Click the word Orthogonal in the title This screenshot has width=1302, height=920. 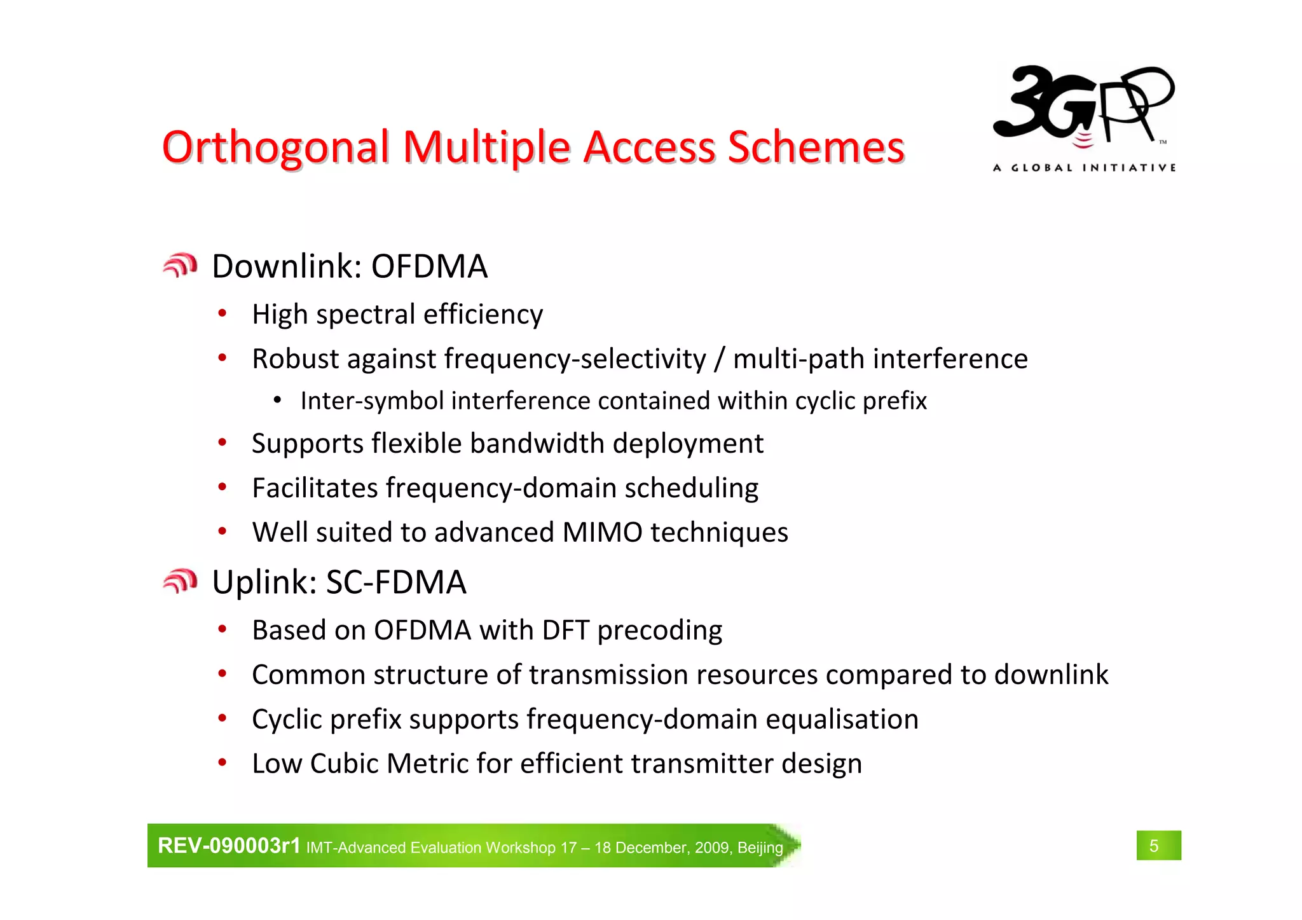pyautogui.click(x=275, y=148)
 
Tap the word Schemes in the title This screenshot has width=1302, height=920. pyautogui.click(x=816, y=148)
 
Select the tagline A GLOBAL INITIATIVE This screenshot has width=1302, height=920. pyautogui.click(x=1084, y=168)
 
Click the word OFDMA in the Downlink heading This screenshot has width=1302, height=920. pyautogui.click(x=429, y=266)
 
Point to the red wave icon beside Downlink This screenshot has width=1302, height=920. pyautogui.click(x=180, y=266)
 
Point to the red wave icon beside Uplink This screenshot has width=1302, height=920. pyautogui.click(x=180, y=581)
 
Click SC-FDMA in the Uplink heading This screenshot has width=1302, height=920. pyautogui.click(x=396, y=582)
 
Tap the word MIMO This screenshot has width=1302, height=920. pyautogui.click(x=602, y=533)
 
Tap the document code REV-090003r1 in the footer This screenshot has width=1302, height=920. pyautogui.click(x=229, y=846)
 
